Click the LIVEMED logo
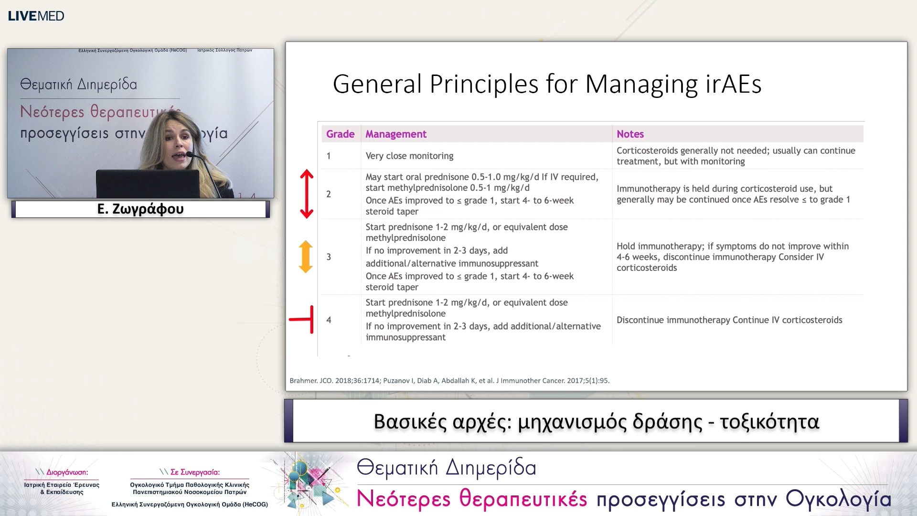pyautogui.click(x=36, y=16)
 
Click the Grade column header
pyautogui.click(x=340, y=134)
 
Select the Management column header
pyautogui.click(x=396, y=134)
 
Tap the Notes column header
pyautogui.click(x=630, y=134)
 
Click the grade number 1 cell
pyautogui.click(x=329, y=156)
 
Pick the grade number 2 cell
pyautogui.click(x=329, y=194)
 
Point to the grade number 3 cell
pyautogui.click(x=329, y=257)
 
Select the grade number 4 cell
pyautogui.click(x=329, y=320)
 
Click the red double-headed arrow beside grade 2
pyautogui.click(x=307, y=194)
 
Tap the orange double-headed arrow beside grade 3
pyautogui.click(x=306, y=257)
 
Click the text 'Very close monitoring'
pyautogui.click(x=409, y=156)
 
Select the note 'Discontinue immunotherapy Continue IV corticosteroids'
pyautogui.click(x=729, y=320)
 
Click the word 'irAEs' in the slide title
pyautogui.click(x=733, y=84)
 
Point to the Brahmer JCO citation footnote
pyautogui.click(x=449, y=381)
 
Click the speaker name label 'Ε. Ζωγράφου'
pyautogui.click(x=140, y=209)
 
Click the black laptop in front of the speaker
pyautogui.click(x=148, y=183)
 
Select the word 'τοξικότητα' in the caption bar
pyautogui.click(x=769, y=422)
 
